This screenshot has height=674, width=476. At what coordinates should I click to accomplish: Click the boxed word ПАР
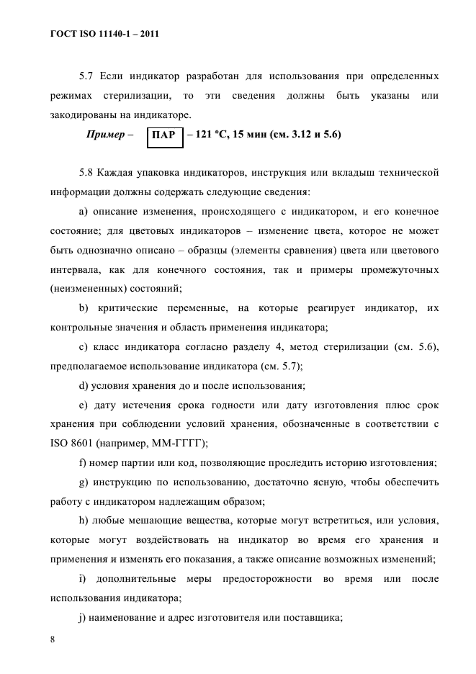[165, 135]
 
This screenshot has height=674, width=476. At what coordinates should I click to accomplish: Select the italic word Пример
[104, 135]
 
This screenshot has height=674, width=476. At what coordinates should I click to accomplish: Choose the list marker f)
[82, 462]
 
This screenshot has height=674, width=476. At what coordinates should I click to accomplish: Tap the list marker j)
[82, 617]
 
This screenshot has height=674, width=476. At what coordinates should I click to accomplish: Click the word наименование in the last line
[130, 617]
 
